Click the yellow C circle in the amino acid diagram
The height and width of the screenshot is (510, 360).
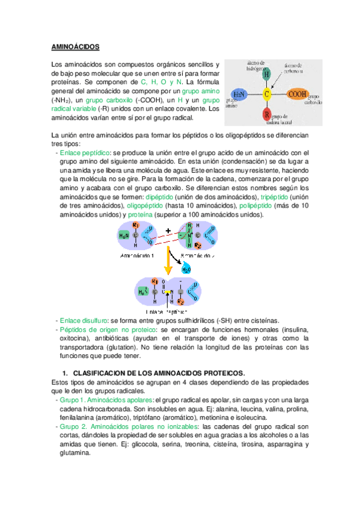(x=267, y=94)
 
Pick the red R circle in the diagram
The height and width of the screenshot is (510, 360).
(x=266, y=114)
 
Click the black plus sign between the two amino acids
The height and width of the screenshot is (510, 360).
(x=169, y=229)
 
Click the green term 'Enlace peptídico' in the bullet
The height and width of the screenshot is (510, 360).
(x=84, y=153)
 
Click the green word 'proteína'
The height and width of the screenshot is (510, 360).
(x=139, y=215)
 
